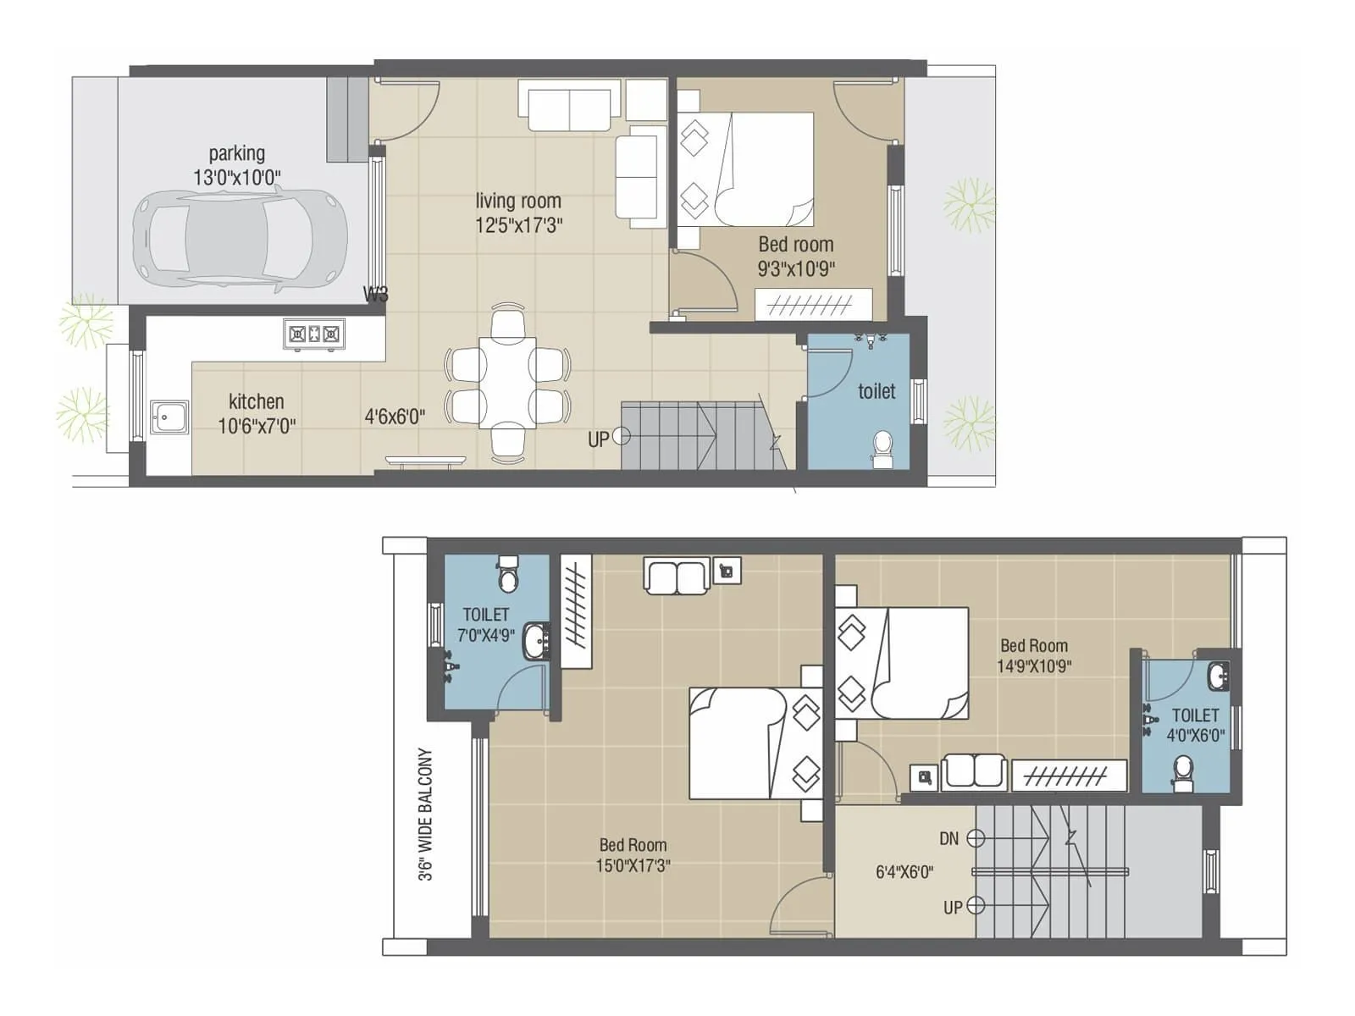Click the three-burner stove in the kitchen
314,334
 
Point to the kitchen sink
169,417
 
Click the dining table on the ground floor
507,384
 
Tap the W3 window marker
375,295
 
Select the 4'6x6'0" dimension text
395,417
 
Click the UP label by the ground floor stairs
598,440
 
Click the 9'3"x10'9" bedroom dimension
796,269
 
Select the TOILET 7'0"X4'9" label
485,625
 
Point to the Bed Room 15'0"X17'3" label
633,855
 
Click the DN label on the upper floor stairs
948,839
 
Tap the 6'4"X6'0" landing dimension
904,872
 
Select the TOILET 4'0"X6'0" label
1195,726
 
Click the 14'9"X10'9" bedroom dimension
1033,666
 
